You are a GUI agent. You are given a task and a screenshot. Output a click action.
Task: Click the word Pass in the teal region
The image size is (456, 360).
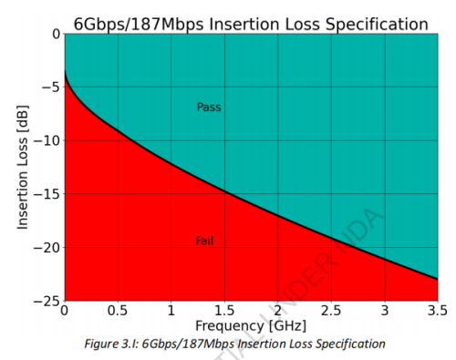[x=209, y=108]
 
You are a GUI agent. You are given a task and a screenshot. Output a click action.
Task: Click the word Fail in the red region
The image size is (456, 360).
[x=204, y=241]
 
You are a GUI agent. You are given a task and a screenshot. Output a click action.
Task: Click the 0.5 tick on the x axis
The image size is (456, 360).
[x=117, y=311]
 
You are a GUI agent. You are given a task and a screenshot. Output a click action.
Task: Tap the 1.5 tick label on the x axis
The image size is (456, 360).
[x=224, y=311]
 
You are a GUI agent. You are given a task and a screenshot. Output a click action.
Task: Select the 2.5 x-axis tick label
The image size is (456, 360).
[x=331, y=311]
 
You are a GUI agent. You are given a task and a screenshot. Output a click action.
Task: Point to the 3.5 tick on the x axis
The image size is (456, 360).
[x=438, y=311]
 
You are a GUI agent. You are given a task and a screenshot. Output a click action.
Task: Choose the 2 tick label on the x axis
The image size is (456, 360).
[x=278, y=311]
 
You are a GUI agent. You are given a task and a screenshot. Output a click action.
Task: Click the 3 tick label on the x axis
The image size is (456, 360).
[x=385, y=311]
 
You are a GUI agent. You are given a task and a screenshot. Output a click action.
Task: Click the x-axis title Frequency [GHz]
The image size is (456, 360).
[x=250, y=325]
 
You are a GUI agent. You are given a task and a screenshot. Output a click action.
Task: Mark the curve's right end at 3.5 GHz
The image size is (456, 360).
[x=438, y=279]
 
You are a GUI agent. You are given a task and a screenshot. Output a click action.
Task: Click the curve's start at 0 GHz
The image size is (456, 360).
[x=64, y=68]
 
